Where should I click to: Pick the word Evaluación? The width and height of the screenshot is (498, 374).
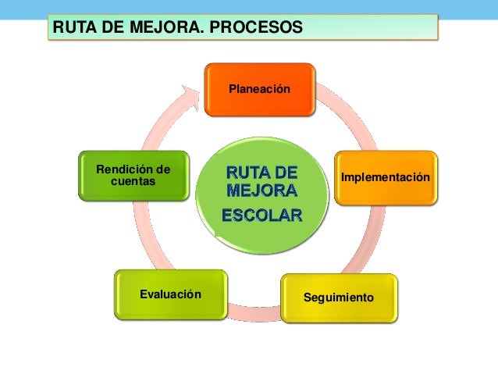[170, 294]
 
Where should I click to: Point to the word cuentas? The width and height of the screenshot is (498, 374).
[133, 181]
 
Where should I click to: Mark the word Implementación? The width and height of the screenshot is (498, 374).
[385, 179]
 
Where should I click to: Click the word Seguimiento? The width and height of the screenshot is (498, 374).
[339, 299]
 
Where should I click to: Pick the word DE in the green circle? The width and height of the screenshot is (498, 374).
[283, 171]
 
